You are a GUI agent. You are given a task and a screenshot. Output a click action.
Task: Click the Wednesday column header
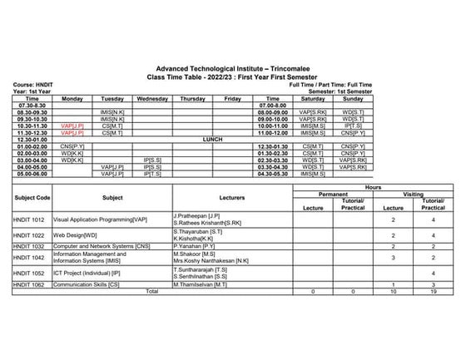[152, 98]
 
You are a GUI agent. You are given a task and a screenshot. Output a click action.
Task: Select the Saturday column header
[313, 98]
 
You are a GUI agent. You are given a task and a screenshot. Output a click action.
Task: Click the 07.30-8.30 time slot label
[31, 105]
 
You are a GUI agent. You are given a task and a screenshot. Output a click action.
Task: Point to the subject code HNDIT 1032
[32, 247]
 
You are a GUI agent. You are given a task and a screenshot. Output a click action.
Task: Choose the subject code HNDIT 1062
[32, 284]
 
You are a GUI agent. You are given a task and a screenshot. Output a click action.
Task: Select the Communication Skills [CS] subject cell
[88, 284]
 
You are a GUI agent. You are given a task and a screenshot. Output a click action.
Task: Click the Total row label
[151, 292]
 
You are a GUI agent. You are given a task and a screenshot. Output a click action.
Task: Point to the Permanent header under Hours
[333, 194]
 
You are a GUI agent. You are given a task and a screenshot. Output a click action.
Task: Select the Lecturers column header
[231, 199]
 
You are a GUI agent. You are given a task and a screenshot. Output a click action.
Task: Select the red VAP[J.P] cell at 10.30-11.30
[72, 126]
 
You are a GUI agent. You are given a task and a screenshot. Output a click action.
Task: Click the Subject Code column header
[32, 199]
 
